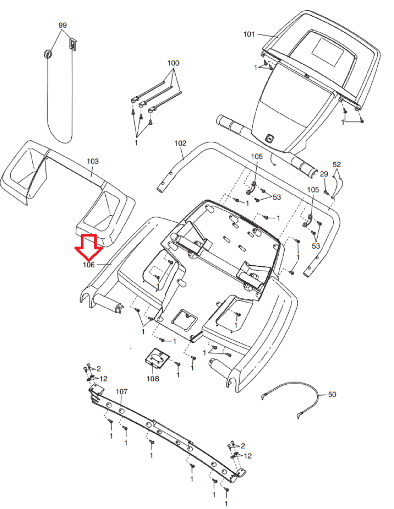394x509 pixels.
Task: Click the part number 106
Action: pyautogui.click(x=88, y=265)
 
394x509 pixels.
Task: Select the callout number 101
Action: pyautogui.click(x=249, y=34)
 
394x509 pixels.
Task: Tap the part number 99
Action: pyautogui.click(x=62, y=25)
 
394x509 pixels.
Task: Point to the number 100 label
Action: pyautogui.click(x=173, y=63)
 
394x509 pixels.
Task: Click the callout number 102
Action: pyautogui.click(x=180, y=143)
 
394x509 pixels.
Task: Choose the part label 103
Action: pyautogui.click(x=92, y=161)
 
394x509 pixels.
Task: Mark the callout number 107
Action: pyautogui.click(x=121, y=391)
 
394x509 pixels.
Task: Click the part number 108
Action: pyautogui.click(x=153, y=379)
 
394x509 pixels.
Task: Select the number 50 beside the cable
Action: pyautogui.click(x=332, y=394)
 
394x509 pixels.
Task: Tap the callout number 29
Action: pyautogui.click(x=324, y=174)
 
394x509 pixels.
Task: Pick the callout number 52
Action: pyautogui.click(x=337, y=164)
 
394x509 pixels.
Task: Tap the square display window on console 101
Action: pyautogui.click(x=328, y=52)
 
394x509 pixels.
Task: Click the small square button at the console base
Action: pyautogui.click(x=269, y=138)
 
